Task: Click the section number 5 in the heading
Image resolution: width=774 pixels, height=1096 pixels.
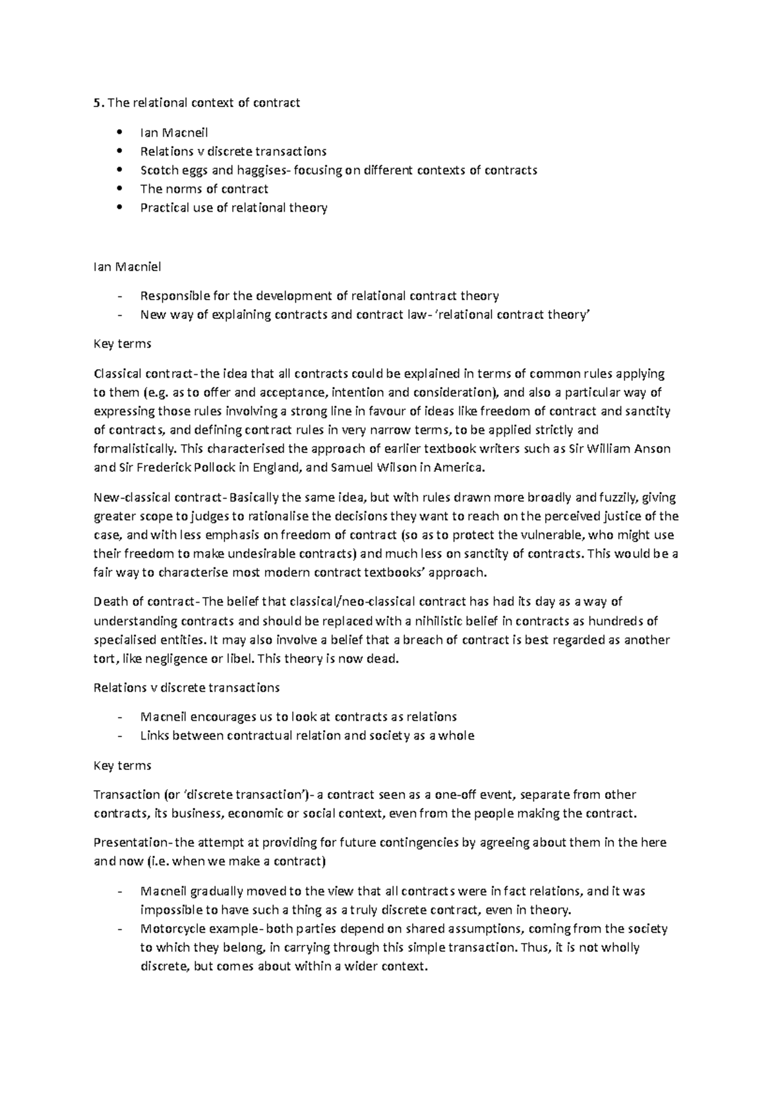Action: click(97, 103)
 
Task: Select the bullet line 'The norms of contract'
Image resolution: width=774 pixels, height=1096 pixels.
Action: click(204, 189)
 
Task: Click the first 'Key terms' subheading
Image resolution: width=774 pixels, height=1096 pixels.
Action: click(123, 344)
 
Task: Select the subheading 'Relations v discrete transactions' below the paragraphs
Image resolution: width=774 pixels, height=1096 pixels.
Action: click(187, 688)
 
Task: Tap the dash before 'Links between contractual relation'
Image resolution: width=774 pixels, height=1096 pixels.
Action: click(120, 736)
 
